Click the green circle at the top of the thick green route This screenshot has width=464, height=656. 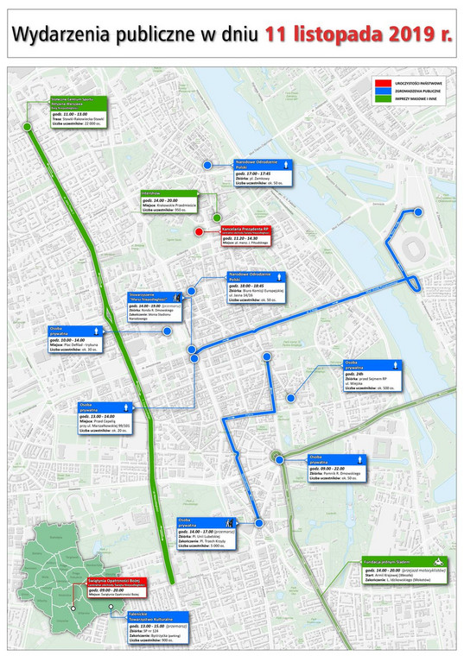(27, 127)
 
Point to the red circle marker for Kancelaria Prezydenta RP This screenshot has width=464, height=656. (200, 231)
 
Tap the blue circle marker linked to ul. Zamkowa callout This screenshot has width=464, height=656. (207, 164)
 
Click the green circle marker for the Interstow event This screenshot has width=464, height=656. (217, 218)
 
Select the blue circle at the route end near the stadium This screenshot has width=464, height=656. (418, 211)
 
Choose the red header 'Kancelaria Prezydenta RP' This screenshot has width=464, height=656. (244, 230)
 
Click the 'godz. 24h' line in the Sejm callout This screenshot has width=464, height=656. (355, 373)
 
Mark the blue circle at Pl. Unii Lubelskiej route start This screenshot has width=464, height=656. (257, 523)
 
